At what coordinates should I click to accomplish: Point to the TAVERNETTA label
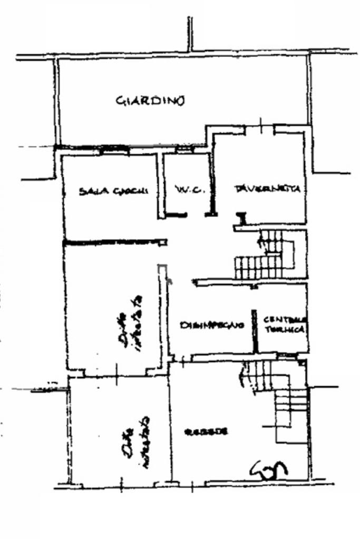point(269,189)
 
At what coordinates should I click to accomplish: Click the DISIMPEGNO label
point(212,325)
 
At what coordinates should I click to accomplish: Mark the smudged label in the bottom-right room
point(206,432)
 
